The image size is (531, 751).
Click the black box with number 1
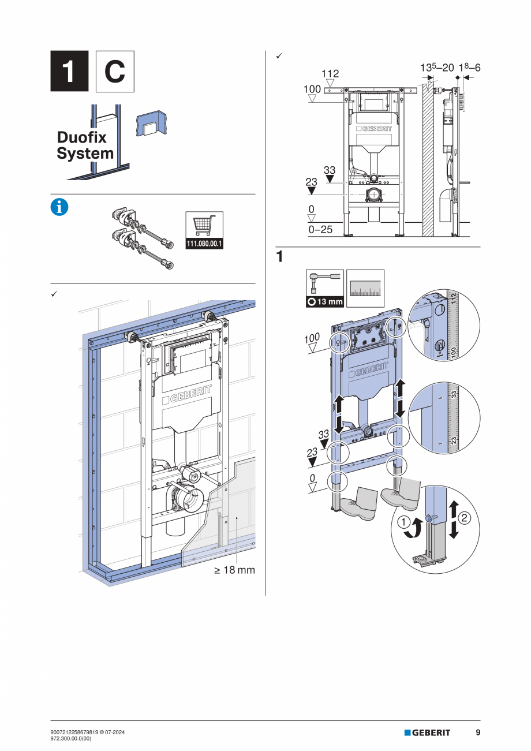point(69,71)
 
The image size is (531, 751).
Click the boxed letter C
point(114,71)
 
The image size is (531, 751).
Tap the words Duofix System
point(85,145)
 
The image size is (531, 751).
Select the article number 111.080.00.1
point(204,244)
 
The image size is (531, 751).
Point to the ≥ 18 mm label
point(234,570)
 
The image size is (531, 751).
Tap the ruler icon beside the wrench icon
point(365,289)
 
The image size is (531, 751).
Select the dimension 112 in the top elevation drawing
point(330,74)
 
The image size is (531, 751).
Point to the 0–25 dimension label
point(320,230)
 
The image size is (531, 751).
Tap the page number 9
point(478,733)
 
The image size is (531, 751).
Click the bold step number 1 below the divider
point(279,257)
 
